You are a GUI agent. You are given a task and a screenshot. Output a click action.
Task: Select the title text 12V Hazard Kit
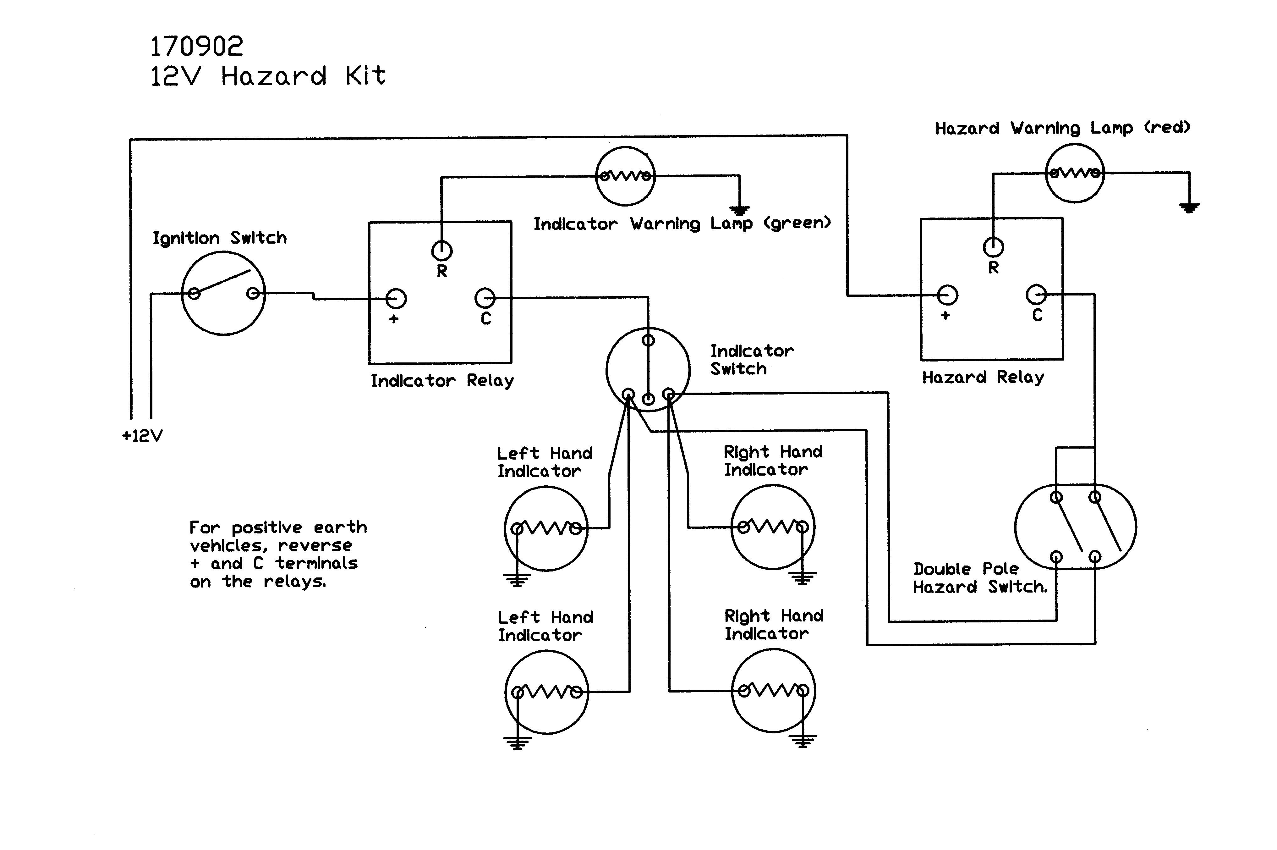coord(268,76)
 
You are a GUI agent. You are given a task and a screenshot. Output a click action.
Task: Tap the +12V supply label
coord(142,436)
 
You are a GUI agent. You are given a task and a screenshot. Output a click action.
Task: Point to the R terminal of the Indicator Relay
coord(441,251)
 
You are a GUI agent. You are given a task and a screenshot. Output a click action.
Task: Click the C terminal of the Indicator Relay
coord(485,298)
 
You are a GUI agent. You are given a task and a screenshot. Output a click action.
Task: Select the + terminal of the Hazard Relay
coord(947,295)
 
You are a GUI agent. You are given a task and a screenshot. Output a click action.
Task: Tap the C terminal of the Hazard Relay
coord(1036,295)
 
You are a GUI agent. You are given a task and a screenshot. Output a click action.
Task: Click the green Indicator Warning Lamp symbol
coord(625,176)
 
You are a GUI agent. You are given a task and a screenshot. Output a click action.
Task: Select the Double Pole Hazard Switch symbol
coord(1076,526)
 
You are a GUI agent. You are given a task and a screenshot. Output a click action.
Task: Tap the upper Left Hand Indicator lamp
coord(546,528)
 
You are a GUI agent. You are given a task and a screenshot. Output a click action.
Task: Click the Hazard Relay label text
coord(983,377)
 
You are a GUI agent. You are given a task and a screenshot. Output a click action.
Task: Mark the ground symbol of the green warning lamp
coord(739,210)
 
